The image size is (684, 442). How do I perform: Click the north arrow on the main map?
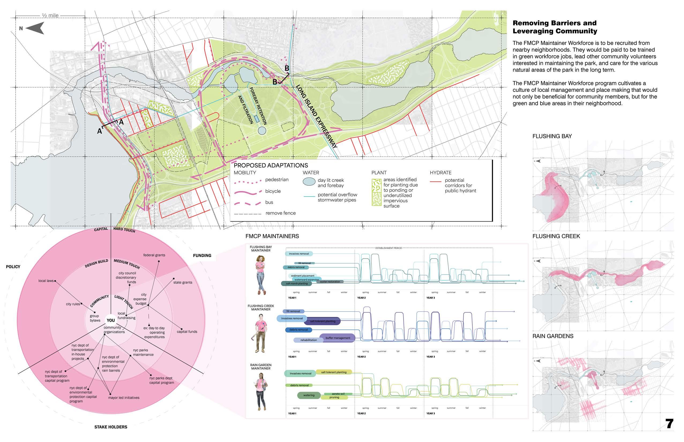[x=35, y=28]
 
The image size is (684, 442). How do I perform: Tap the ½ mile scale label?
[x=51, y=16]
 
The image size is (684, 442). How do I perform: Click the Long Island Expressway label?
[x=316, y=116]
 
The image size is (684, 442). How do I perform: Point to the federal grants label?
[x=154, y=255]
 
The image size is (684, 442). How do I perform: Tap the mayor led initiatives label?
[x=124, y=398]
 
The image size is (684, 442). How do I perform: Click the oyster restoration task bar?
[x=330, y=282]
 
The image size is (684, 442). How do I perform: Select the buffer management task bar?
[x=338, y=338]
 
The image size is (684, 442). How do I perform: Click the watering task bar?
[x=309, y=395]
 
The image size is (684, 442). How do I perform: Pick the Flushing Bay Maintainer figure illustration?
[x=261, y=275]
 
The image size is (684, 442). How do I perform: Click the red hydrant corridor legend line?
[x=435, y=181]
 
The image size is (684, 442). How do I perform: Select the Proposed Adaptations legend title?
[x=271, y=165]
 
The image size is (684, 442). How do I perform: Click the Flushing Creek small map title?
[x=556, y=236]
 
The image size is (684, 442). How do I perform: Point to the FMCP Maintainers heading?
[x=272, y=236]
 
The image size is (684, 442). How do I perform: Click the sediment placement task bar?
[x=302, y=276]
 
